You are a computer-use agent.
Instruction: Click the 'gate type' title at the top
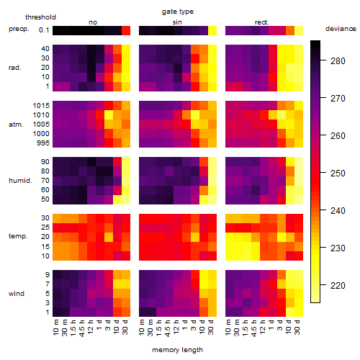coord(178,12)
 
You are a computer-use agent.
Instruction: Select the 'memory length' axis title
coord(177,350)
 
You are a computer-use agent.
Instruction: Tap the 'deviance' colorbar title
coord(341,29)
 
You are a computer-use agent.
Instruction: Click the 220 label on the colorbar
coord(338,286)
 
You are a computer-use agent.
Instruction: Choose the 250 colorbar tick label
coord(338,174)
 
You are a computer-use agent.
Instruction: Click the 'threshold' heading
coord(40,17)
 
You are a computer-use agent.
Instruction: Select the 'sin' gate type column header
coord(177,22)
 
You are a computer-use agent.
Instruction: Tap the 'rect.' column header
coord(261,22)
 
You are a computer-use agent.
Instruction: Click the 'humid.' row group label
coord(20,181)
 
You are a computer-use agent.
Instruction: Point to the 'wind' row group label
coord(17,294)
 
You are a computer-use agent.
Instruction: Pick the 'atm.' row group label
coord(16,125)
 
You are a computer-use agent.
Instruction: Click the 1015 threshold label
coord(41,106)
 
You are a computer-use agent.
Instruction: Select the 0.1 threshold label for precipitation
coord(44,30)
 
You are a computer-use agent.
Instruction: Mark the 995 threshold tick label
coord(43,143)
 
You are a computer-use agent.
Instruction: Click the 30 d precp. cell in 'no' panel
coord(126,30)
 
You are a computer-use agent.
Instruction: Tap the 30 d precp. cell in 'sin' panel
coord(212,30)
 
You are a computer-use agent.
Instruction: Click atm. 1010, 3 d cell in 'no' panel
coord(109,115)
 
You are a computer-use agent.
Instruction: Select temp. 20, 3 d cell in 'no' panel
coord(109,237)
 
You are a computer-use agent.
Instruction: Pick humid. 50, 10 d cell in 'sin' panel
coord(204,199)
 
